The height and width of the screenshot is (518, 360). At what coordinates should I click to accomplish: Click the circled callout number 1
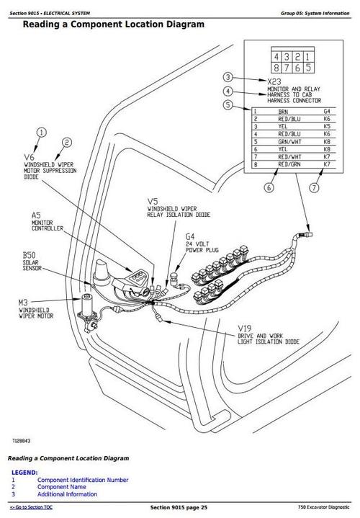coord(41,132)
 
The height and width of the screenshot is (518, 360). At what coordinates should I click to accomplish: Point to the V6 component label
coord(29,156)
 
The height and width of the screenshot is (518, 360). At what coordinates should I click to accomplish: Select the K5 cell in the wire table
coord(327,127)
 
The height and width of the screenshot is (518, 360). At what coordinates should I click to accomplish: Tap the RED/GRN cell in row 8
coord(288,165)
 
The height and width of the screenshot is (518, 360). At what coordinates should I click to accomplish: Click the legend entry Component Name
coord(64,487)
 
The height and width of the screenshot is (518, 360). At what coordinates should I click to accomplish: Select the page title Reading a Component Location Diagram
coord(113,24)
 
